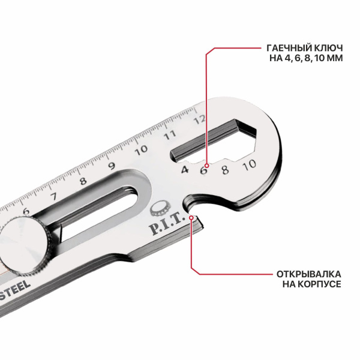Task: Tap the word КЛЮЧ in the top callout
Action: point(328,48)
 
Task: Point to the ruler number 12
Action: point(199,120)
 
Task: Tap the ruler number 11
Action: point(170,135)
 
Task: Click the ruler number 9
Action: point(112,166)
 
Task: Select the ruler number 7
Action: point(53,196)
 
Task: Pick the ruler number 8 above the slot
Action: point(83,181)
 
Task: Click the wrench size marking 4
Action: point(185,170)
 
